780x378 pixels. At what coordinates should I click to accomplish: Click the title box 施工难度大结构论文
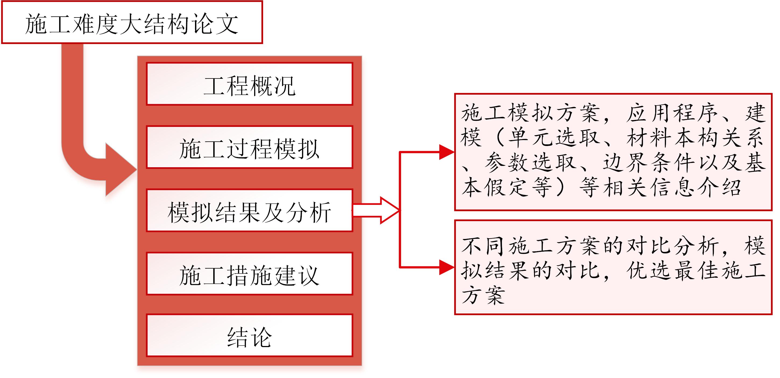pos(132,22)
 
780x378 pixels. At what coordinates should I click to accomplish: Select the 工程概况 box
pos(250,84)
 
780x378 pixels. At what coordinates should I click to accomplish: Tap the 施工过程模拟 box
pos(250,147)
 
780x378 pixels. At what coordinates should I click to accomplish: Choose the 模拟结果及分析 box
pos(250,210)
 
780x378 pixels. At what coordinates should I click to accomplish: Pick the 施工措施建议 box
pos(250,274)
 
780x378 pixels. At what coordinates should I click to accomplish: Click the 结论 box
pos(250,335)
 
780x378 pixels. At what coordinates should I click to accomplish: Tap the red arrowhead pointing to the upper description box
pos(447,152)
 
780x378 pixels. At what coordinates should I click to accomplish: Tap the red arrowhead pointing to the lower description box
pos(447,267)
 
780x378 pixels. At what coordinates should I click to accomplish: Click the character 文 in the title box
pos(227,24)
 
